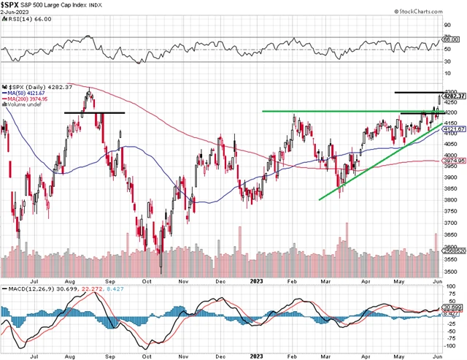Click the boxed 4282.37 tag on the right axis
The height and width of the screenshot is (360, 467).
click(452, 96)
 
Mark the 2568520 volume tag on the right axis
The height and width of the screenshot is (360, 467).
click(452, 249)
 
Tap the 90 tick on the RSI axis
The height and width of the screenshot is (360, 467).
click(447, 25)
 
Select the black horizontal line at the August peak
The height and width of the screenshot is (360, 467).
click(94, 112)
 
